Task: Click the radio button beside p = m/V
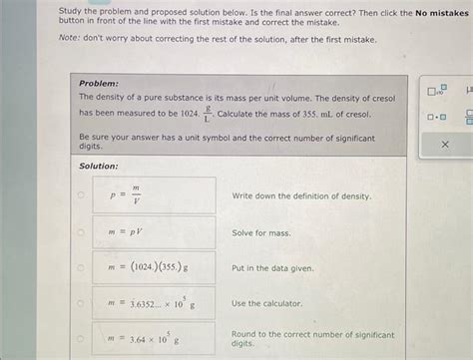coord(82,195)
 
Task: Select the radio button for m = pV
coord(82,232)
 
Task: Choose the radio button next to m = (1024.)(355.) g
coord(82,268)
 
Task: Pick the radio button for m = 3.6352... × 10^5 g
coord(82,303)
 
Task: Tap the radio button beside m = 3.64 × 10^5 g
coord(82,338)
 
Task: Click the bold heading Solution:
coord(99,166)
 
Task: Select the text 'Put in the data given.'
coord(272,268)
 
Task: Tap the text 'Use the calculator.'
coord(266,303)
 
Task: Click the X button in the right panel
coord(445,145)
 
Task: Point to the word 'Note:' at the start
coord(70,40)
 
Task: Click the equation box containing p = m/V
coord(154,195)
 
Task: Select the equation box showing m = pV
coord(154,232)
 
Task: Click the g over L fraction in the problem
coord(208,113)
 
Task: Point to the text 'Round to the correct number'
coord(312,335)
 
